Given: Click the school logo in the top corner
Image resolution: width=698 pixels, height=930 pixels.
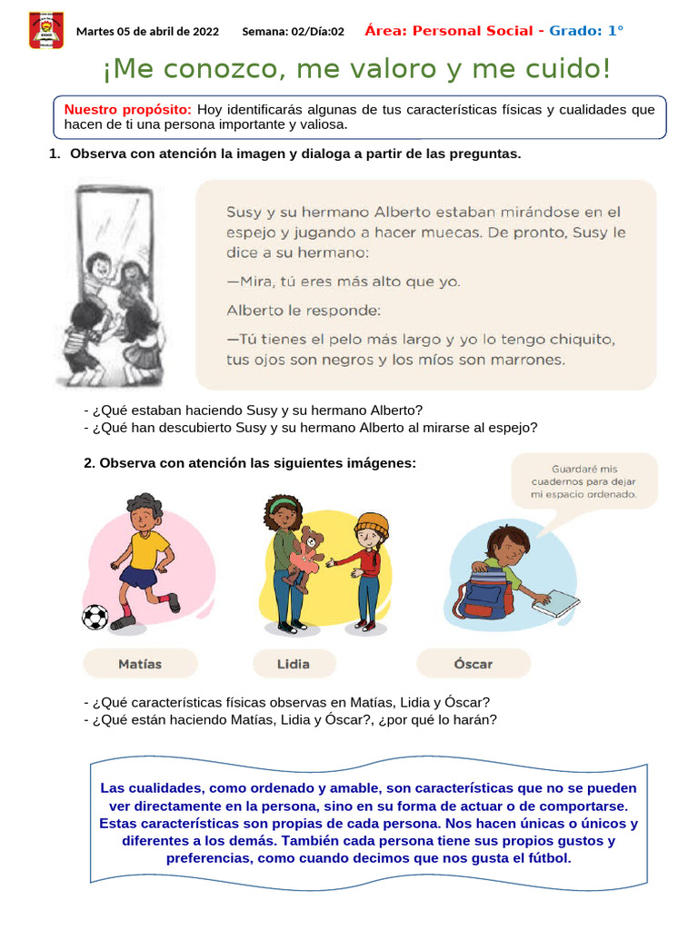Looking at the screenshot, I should [45, 30].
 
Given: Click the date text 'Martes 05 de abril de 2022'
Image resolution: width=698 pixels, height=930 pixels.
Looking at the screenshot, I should [147, 32].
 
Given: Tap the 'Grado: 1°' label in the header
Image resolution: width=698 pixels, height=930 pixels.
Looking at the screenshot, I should [587, 31].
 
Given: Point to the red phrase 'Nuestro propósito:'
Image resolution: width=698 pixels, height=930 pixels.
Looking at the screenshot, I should [127, 110].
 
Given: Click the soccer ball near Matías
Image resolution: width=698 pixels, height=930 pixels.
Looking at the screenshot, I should [95, 618].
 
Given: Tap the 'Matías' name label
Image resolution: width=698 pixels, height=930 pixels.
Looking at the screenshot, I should [140, 664].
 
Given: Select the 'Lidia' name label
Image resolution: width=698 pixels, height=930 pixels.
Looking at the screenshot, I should [293, 664].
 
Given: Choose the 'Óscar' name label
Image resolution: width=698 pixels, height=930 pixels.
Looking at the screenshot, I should [473, 664].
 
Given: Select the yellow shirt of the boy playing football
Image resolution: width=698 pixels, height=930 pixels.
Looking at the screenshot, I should [147, 549].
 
